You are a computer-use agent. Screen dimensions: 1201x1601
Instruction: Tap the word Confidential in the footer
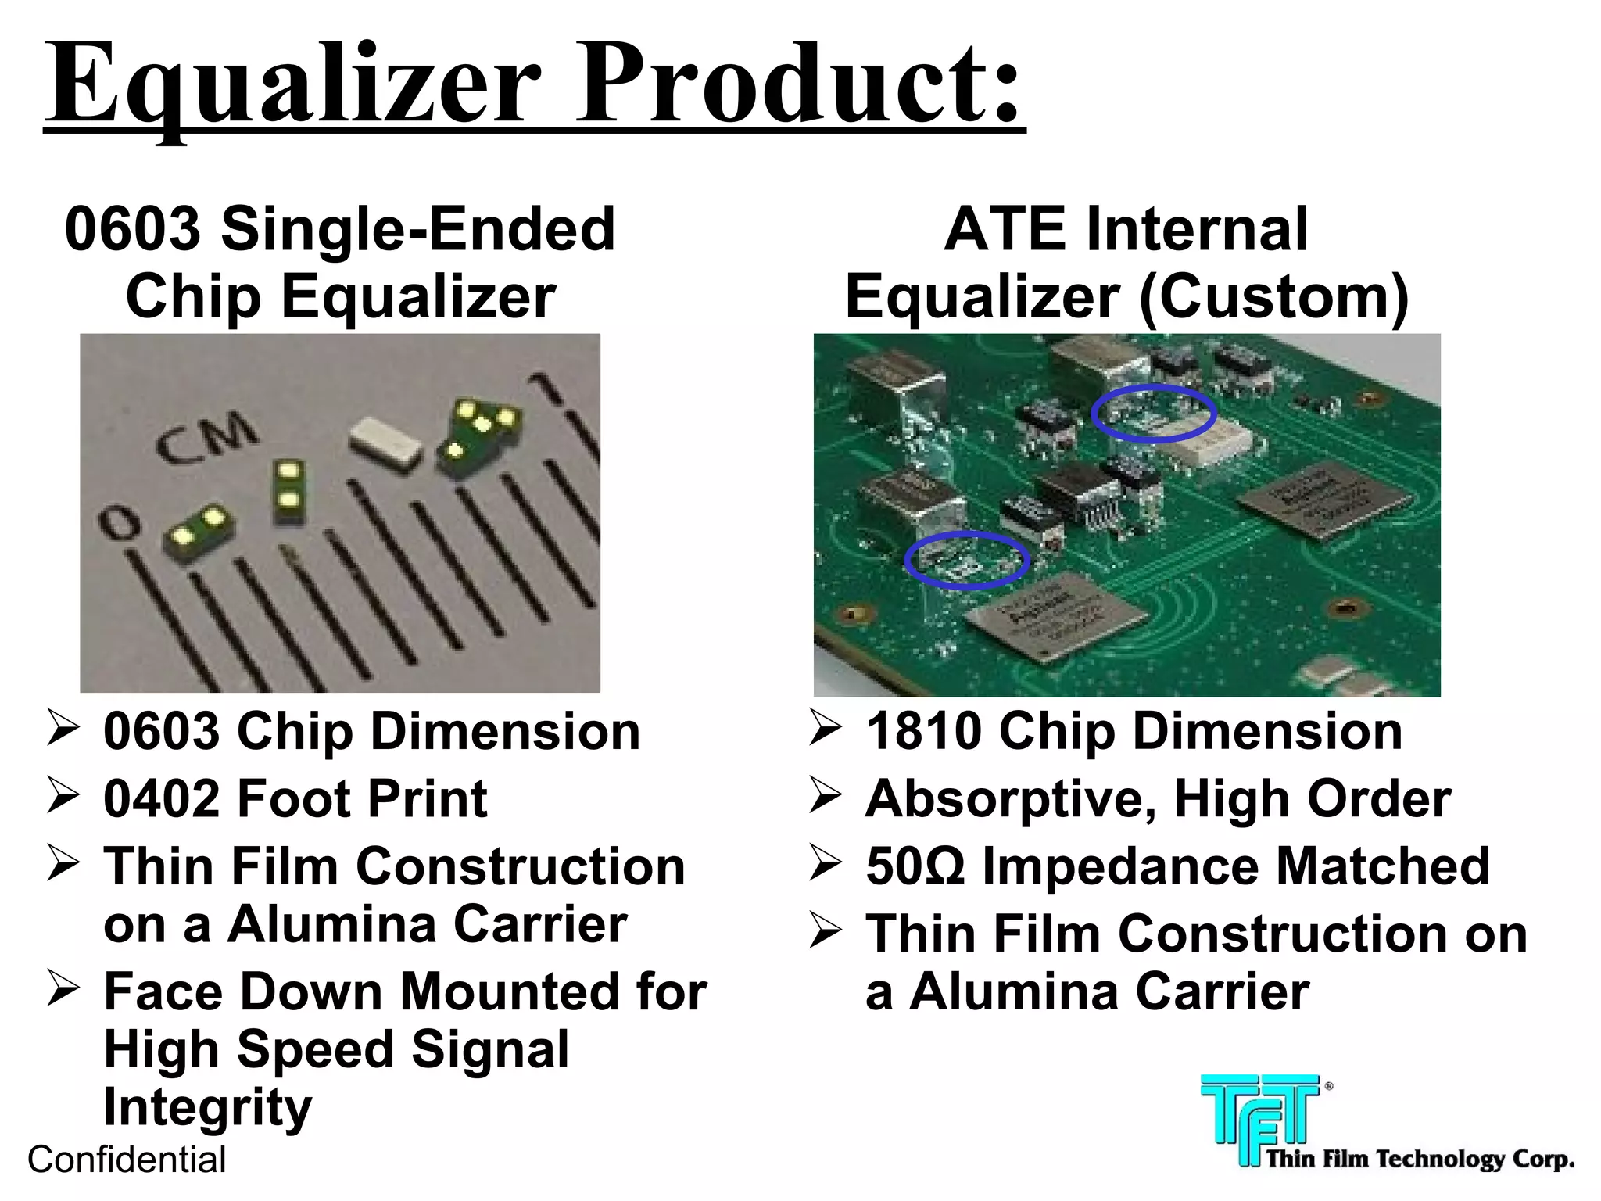[x=127, y=1160]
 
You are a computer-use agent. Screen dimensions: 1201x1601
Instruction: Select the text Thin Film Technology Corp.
[x=1420, y=1159]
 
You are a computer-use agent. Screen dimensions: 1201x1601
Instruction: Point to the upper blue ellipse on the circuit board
[x=1153, y=413]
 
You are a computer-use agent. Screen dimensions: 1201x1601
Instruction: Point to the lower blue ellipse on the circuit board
[x=967, y=559]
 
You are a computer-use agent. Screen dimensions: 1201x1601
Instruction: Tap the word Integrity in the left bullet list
[x=208, y=1107]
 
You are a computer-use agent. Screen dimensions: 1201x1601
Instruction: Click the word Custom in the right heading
[x=1273, y=297]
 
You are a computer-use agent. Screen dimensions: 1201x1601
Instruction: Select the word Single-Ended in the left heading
[x=418, y=229]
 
